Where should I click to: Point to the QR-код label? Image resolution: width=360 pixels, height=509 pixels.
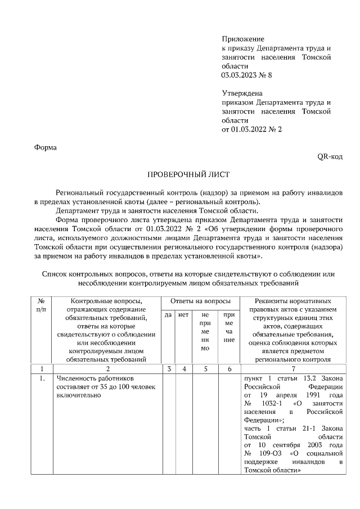pos(330,157)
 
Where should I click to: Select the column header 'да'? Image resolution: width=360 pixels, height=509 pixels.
pos(168,315)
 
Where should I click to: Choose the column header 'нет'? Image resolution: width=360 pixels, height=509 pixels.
pos(183,315)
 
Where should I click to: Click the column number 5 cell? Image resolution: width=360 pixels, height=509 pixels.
pos(205,368)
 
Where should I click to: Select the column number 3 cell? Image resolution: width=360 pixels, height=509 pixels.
pos(168,368)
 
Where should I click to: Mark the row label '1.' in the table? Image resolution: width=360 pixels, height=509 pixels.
pos(42,379)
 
